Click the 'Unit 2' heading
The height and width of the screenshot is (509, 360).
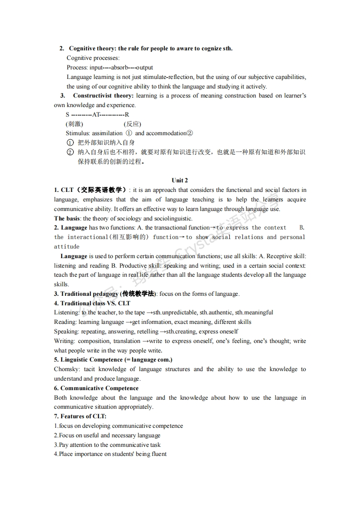pos(180,181)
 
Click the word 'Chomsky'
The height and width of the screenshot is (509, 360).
pos(65,369)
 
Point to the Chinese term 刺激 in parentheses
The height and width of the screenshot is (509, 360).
pos(74,124)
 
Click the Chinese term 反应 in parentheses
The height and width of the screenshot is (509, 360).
pos(133,124)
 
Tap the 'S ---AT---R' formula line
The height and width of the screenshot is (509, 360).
pos(97,115)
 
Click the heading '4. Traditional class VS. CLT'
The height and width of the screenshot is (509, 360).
pos(92,303)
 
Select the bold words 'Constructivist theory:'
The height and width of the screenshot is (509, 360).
pos(103,96)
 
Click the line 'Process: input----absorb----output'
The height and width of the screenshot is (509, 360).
pos(110,68)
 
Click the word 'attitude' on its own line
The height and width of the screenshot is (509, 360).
pos(67,247)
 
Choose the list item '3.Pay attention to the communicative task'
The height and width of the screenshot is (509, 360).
pos(107,445)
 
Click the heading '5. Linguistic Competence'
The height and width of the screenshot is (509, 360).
pos(113,360)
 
